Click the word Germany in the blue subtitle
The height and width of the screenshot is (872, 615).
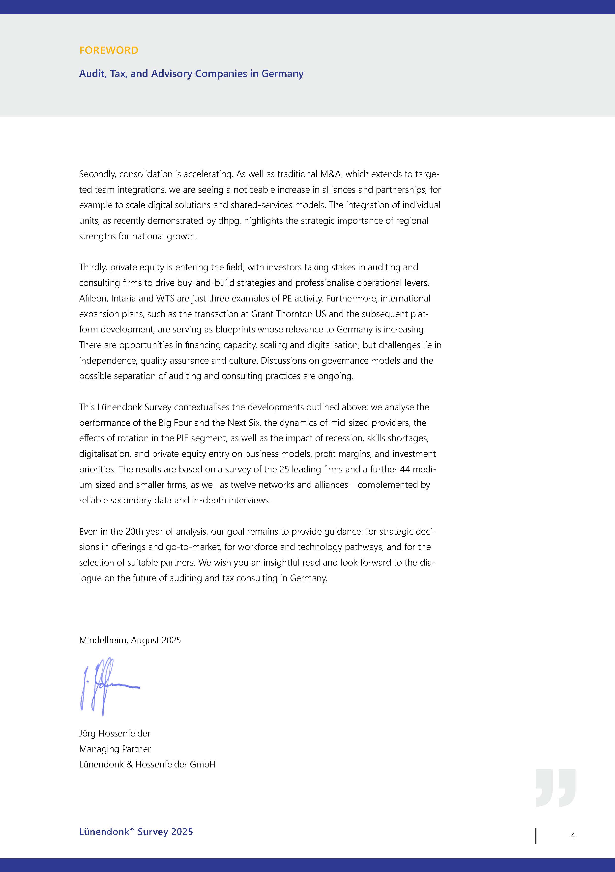[x=282, y=74]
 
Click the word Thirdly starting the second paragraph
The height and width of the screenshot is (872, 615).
[x=93, y=267]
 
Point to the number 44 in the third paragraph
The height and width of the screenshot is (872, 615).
[x=405, y=469]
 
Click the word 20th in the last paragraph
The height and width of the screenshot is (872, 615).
[x=134, y=532]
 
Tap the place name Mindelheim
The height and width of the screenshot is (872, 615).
[x=104, y=640]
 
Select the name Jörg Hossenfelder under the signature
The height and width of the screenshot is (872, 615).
[x=115, y=733]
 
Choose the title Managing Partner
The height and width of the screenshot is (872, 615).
[x=115, y=749]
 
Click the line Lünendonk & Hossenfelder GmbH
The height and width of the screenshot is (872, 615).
[x=147, y=764]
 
